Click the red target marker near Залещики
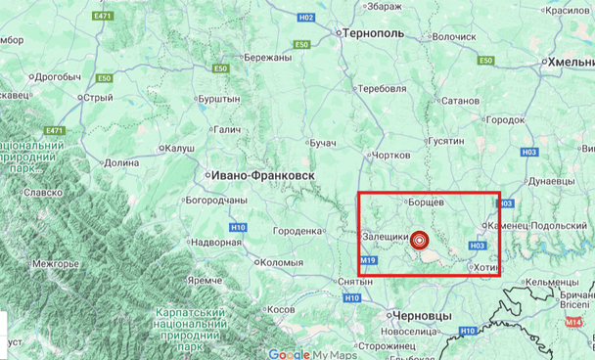(421, 240)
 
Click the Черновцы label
(420, 316)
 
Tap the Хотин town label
(485, 268)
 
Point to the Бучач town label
(322, 144)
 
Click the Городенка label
(297, 231)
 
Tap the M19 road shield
(369, 261)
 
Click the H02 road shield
(306, 18)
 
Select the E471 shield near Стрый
(54, 131)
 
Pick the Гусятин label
(445, 141)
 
